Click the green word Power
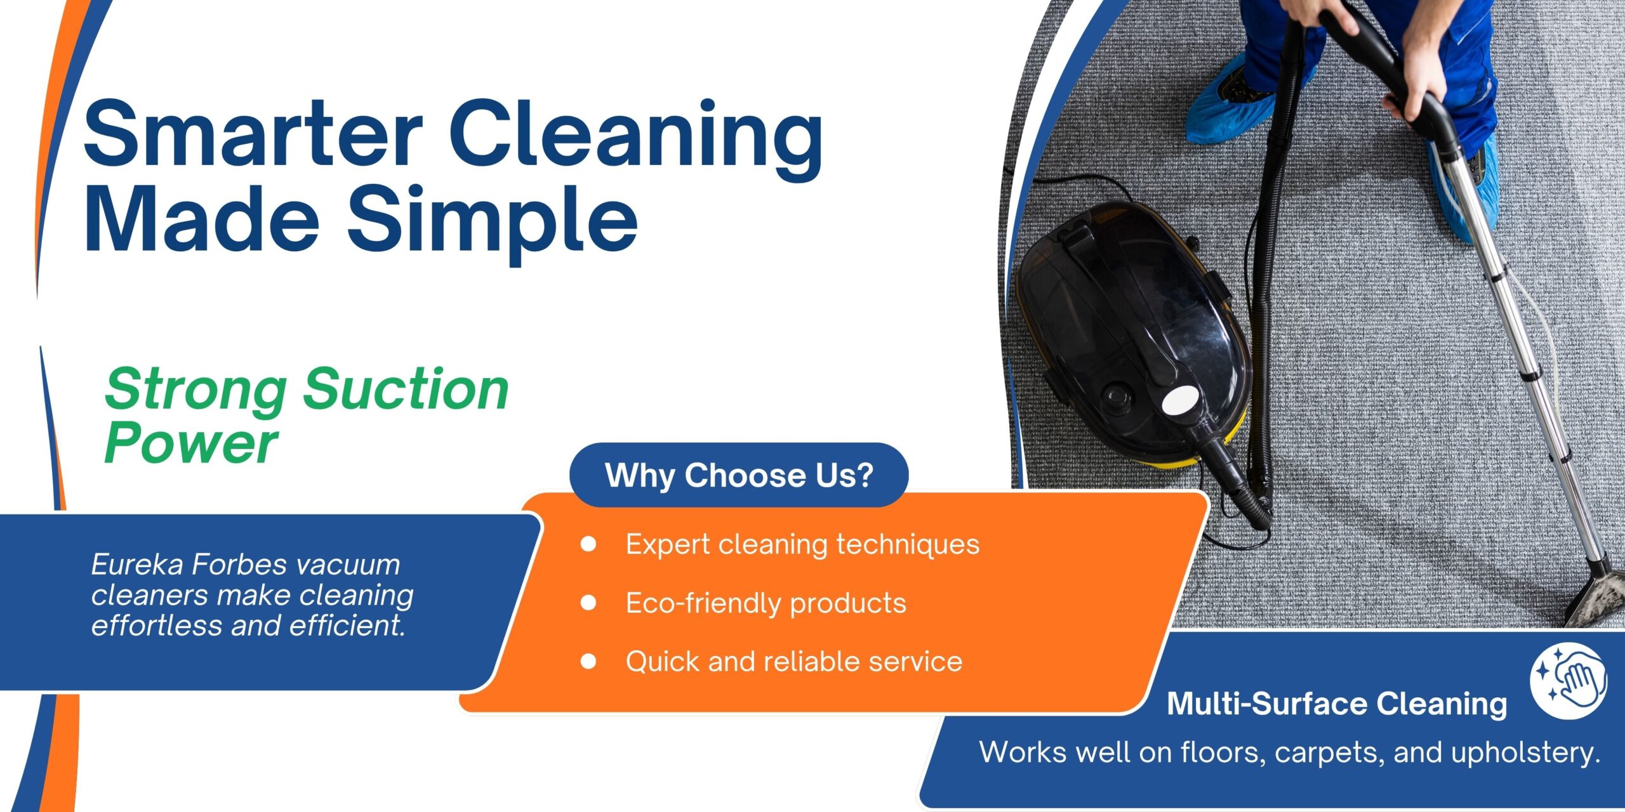[x=190, y=442]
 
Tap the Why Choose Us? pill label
[x=739, y=475]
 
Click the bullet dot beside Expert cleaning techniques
[x=588, y=544]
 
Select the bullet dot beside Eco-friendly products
[x=588, y=603]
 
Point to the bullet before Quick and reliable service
[x=588, y=662]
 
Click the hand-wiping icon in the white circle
[x=1567, y=682]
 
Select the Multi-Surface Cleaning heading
[x=1337, y=704]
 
